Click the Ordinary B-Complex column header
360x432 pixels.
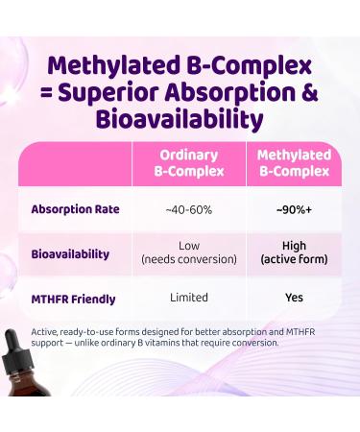pos(188,163)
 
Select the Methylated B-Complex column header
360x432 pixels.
pos(294,163)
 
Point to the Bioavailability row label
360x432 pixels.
pos(70,254)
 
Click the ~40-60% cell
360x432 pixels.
pos(188,209)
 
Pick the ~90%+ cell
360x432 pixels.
pos(294,209)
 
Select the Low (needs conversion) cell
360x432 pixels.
pos(188,254)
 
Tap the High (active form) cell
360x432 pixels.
pos(294,254)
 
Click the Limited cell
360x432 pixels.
pos(188,298)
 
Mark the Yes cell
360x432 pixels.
pos(294,298)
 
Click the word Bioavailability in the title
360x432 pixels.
pos(180,122)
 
